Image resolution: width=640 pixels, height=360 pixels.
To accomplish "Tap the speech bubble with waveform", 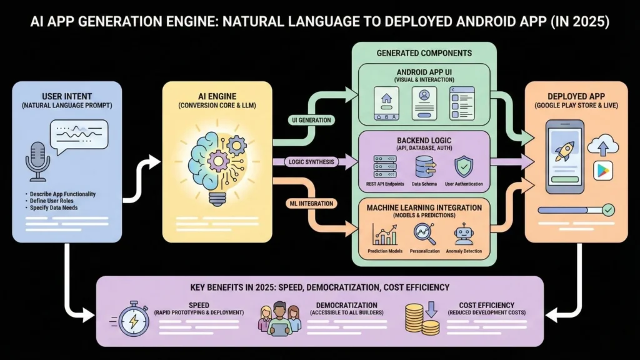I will [79, 137].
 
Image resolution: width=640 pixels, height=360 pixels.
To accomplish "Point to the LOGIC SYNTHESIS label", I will [311, 162].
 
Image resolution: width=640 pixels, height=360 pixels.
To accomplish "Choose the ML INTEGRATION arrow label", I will [310, 203].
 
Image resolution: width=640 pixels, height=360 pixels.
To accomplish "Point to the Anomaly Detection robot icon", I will [464, 235].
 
